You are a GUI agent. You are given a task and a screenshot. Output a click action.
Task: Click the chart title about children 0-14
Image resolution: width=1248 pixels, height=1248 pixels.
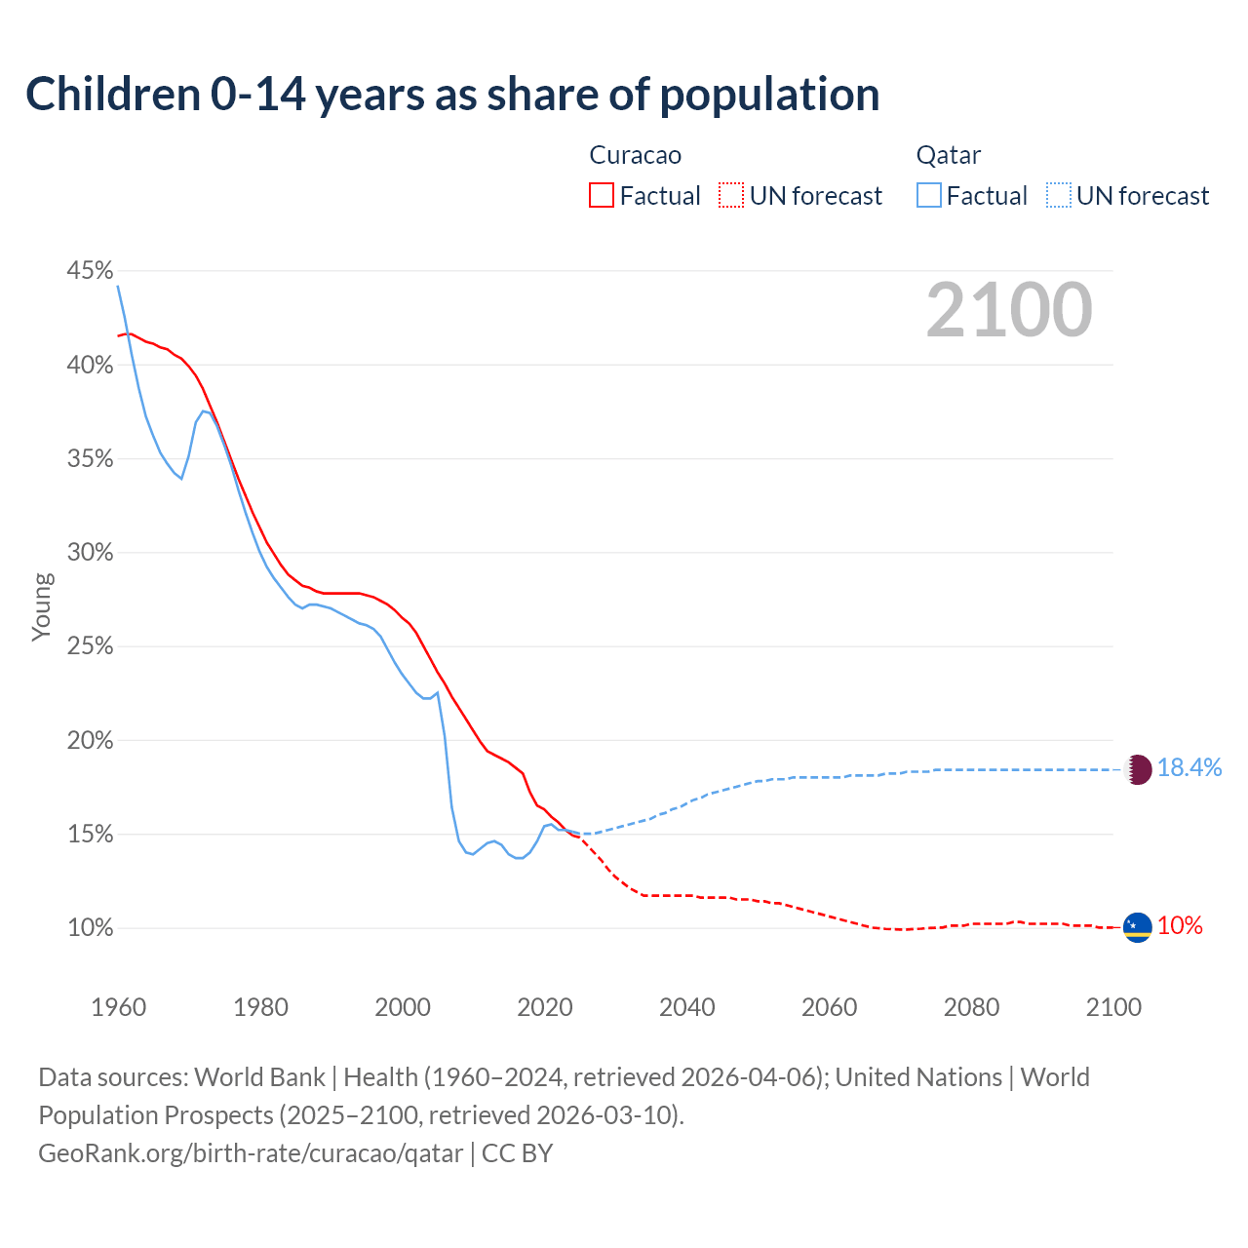point(452,95)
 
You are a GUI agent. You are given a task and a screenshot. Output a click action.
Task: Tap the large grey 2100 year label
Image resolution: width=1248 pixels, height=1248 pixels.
point(1008,310)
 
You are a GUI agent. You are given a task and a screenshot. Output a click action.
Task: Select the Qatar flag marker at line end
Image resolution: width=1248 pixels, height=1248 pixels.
point(1138,769)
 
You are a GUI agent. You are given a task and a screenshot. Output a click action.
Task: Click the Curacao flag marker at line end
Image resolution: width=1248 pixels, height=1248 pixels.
point(1137,927)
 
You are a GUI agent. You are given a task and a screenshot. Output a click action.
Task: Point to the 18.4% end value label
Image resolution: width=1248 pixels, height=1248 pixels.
point(1189,768)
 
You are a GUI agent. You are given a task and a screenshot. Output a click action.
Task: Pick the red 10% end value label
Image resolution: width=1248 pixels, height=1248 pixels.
point(1180,926)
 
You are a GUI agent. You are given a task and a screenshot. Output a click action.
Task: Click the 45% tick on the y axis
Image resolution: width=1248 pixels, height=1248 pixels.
point(90,270)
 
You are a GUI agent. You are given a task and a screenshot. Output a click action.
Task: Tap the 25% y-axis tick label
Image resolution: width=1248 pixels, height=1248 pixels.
point(90,646)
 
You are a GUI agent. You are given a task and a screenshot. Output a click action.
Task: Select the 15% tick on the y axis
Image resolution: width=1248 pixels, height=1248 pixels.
point(90,835)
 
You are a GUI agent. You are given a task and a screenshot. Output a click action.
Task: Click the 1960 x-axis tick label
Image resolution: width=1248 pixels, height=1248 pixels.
point(118,1007)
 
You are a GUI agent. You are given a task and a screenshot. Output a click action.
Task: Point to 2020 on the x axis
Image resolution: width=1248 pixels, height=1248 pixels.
point(545,1007)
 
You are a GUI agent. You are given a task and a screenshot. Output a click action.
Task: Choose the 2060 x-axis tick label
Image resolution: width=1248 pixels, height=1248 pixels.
point(829,1007)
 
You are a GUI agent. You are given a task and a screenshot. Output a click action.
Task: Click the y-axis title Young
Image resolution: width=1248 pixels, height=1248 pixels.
point(42,606)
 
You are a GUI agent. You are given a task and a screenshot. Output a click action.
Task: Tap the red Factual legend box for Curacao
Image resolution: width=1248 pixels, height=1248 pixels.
point(602,196)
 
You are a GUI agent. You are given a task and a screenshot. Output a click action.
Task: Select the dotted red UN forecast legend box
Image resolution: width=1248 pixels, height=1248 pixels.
point(731,196)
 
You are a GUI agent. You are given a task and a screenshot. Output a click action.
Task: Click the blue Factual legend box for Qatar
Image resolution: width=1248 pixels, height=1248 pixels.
point(929,196)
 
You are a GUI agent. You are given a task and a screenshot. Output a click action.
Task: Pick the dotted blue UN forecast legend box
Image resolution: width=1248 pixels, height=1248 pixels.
point(1059,196)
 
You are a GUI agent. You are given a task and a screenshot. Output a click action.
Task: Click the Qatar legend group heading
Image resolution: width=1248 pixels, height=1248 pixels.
point(948,155)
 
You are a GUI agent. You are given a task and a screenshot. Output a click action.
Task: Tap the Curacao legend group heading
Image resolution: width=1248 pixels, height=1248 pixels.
point(635,155)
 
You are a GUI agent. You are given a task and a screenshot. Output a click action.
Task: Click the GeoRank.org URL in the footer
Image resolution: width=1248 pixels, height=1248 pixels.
point(251,1153)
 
